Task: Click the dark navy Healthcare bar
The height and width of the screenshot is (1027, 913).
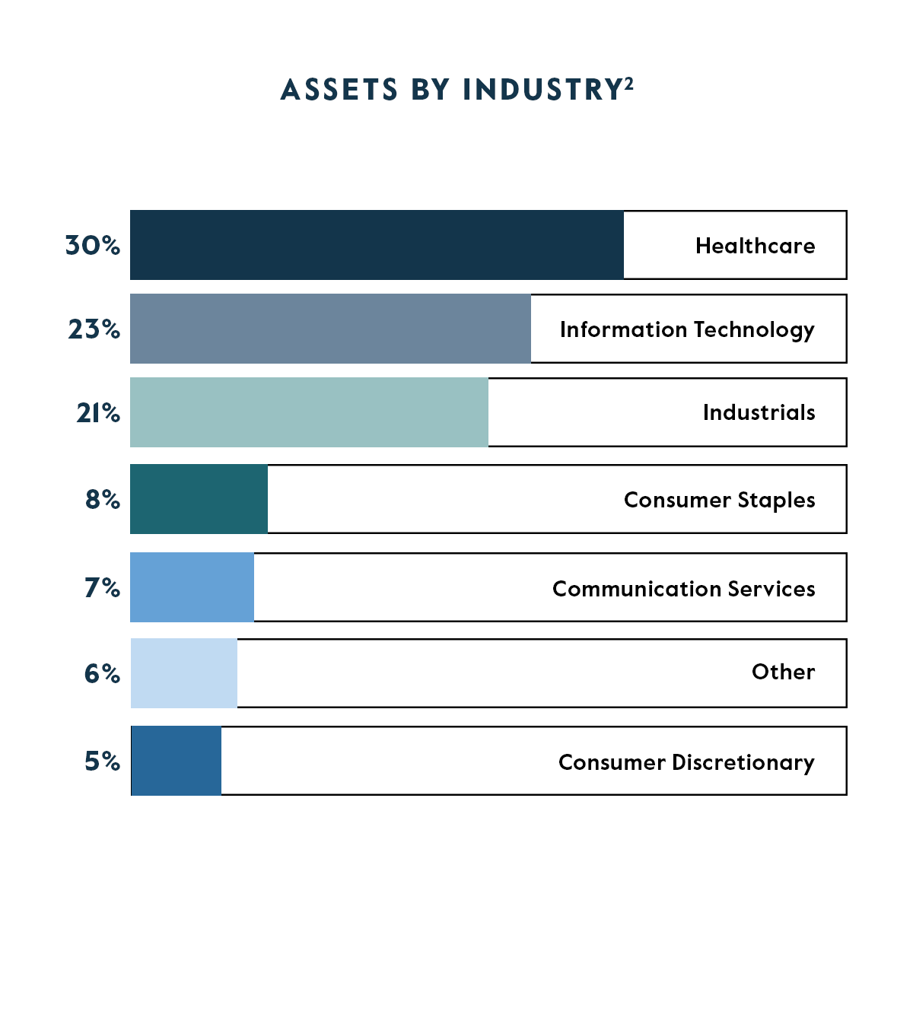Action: coord(377,245)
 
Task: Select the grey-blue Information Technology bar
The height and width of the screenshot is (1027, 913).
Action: coord(330,329)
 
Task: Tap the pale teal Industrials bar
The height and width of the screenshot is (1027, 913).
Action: coord(309,412)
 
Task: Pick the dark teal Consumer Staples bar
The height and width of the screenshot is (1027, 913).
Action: coord(199,499)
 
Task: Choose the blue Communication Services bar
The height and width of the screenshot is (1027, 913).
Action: coord(192,587)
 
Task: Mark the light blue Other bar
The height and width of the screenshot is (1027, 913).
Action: coord(183,673)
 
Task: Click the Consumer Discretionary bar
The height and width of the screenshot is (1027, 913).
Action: coord(176,761)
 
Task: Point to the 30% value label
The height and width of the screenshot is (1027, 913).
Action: coord(92,245)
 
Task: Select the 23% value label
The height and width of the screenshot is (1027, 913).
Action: coord(94,329)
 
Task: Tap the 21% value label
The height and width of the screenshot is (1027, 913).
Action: coord(97,412)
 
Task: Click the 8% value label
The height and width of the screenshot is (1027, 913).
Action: coord(102,499)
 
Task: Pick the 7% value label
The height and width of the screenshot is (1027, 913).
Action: coord(102,587)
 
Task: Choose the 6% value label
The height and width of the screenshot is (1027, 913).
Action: coord(102,673)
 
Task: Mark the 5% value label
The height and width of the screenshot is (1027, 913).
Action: coord(102,761)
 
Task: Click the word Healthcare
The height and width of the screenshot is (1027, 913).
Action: coord(755,246)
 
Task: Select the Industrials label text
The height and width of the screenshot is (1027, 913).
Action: coord(759,412)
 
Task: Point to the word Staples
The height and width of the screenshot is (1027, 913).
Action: coord(776,501)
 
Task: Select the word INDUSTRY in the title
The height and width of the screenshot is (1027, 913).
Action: coord(542,90)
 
